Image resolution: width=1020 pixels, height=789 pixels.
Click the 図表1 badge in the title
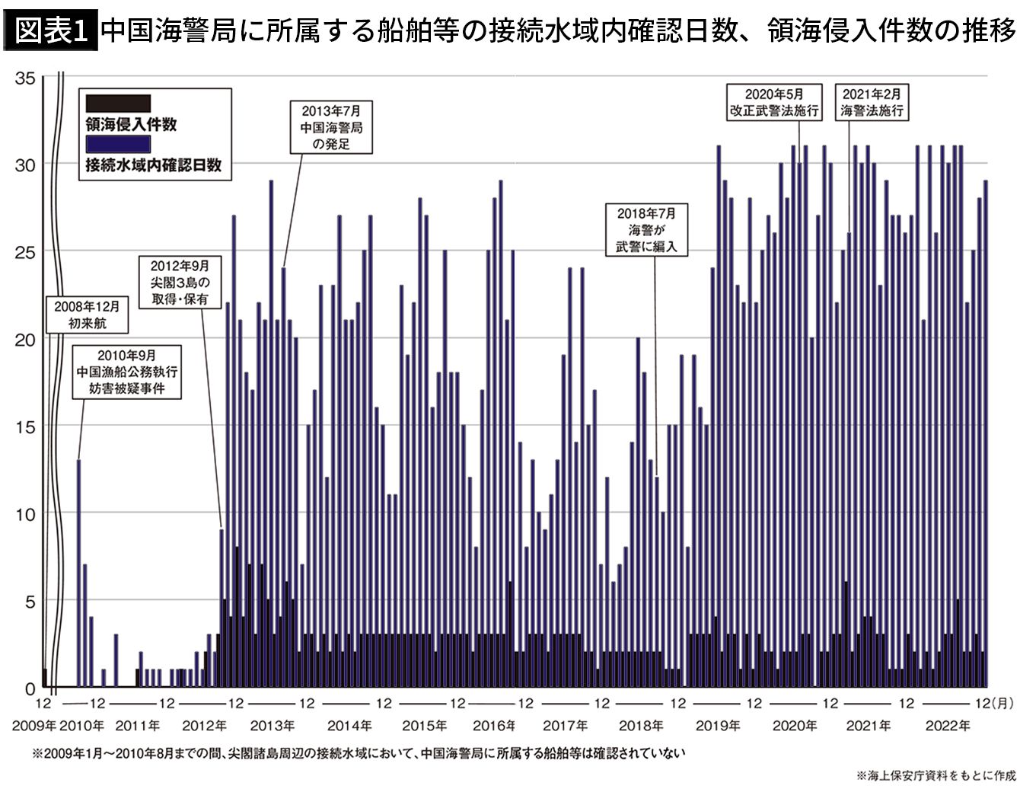[51, 31]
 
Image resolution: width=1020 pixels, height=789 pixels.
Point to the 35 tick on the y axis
[26, 77]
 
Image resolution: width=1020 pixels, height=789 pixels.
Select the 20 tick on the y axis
[26, 339]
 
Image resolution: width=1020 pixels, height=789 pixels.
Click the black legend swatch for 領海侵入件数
[118, 103]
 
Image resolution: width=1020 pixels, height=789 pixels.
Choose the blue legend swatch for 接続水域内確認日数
[118, 142]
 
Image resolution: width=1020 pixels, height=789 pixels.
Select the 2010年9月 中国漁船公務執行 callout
[128, 372]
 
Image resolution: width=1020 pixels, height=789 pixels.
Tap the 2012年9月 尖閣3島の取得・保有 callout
[180, 283]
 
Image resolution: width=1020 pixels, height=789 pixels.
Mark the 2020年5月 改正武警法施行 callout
[774, 102]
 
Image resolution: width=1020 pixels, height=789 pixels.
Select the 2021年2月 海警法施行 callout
[872, 102]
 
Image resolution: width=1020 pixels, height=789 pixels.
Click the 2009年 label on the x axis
[33, 727]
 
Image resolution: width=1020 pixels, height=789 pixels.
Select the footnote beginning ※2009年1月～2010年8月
[358, 754]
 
